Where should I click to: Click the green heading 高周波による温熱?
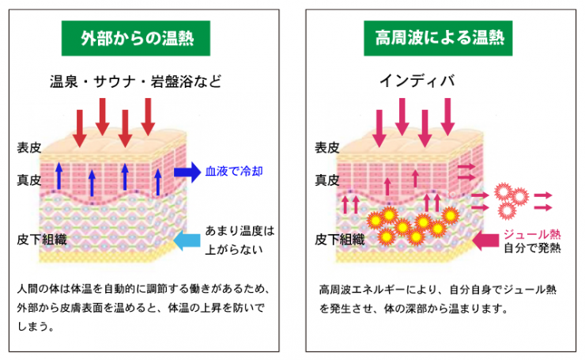pyautogui.click(x=438, y=38)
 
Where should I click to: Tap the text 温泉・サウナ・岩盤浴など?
pyautogui.click(x=135, y=81)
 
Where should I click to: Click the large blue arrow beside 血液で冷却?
pyautogui.click(x=186, y=172)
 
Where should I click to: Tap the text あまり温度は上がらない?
pyautogui.click(x=239, y=241)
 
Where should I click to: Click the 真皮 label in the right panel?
pyautogui.click(x=327, y=180)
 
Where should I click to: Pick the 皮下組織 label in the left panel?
pyautogui.click(x=39, y=238)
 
